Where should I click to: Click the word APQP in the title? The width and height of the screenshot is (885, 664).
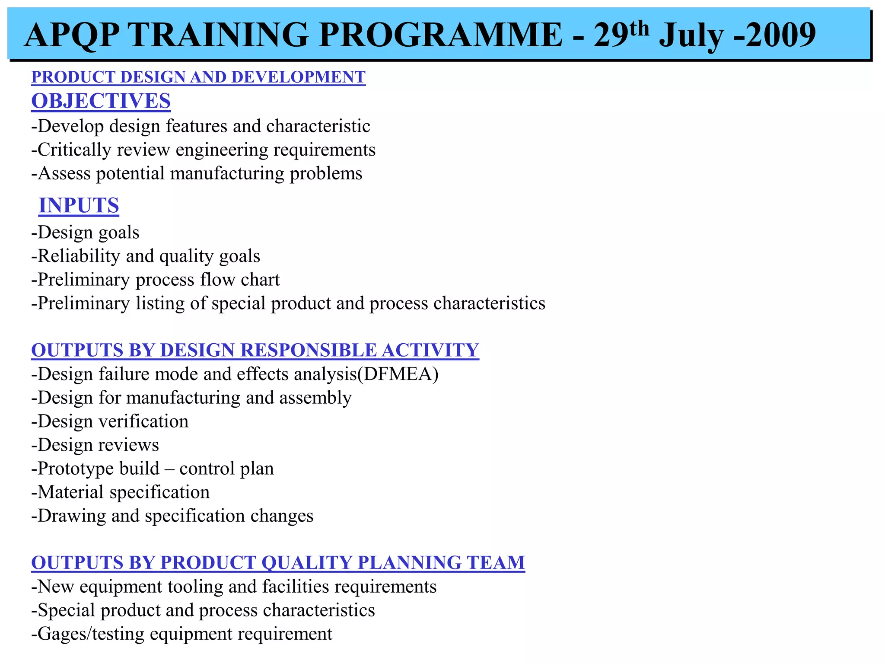click(x=71, y=35)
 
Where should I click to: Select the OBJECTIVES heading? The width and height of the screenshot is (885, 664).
click(x=101, y=101)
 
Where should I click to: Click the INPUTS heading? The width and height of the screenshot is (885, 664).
click(x=79, y=205)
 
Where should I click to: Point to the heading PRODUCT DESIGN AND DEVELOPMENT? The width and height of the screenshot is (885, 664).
click(x=198, y=77)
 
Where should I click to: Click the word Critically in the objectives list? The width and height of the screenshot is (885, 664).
click(x=74, y=150)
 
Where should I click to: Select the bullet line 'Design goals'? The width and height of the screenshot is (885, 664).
click(x=86, y=233)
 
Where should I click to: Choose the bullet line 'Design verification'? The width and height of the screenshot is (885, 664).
click(x=110, y=421)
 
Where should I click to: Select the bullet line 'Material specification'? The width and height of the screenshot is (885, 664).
click(x=121, y=492)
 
